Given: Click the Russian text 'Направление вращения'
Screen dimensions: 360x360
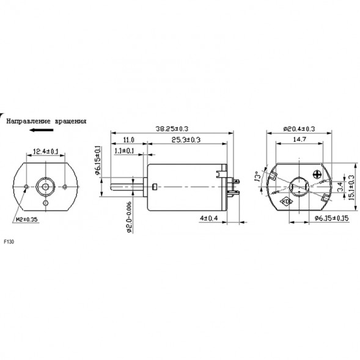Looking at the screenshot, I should click(46, 122).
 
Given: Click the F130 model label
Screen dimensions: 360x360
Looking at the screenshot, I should click(9, 241).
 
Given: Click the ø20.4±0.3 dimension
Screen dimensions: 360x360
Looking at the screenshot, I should click(299, 129).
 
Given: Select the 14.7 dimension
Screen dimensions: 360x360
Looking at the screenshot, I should click(299, 140).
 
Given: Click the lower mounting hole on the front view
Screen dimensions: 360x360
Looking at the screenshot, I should click(46, 203).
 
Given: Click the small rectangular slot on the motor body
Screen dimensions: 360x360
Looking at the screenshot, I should click(156, 186).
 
